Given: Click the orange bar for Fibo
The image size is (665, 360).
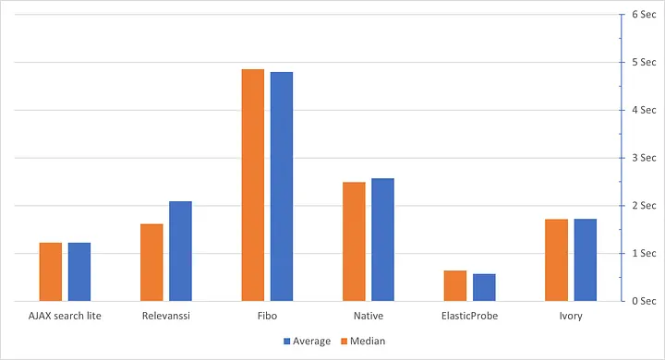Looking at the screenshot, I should tap(252, 185).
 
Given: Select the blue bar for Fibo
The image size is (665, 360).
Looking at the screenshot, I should tap(282, 186).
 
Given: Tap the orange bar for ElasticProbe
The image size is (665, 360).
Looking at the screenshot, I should tap(454, 285).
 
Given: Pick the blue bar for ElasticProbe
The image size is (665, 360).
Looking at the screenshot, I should tap(484, 287).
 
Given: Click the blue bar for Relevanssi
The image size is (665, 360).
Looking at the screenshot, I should tap(180, 251).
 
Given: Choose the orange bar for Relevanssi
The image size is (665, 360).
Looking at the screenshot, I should tap(151, 262).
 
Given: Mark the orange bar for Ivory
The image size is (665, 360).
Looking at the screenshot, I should tap(556, 259).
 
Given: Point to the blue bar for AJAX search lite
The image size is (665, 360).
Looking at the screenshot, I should tap(79, 271).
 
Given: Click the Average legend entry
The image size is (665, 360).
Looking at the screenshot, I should tap(307, 341).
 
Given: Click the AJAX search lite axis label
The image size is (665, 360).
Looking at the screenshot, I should tap(65, 317).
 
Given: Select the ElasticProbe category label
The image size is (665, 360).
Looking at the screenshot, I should tap(469, 317).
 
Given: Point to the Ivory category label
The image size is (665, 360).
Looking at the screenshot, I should tap(571, 317).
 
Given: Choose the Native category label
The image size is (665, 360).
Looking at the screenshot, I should tap(368, 317).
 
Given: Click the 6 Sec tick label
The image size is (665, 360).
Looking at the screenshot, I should tap(643, 15).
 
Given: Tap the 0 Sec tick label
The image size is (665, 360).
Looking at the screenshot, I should tap(643, 301).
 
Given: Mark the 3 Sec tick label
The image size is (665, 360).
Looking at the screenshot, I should tap(643, 158).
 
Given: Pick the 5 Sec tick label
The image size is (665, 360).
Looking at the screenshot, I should tap(643, 63).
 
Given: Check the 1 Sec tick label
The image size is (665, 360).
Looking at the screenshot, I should tap(643, 253).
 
